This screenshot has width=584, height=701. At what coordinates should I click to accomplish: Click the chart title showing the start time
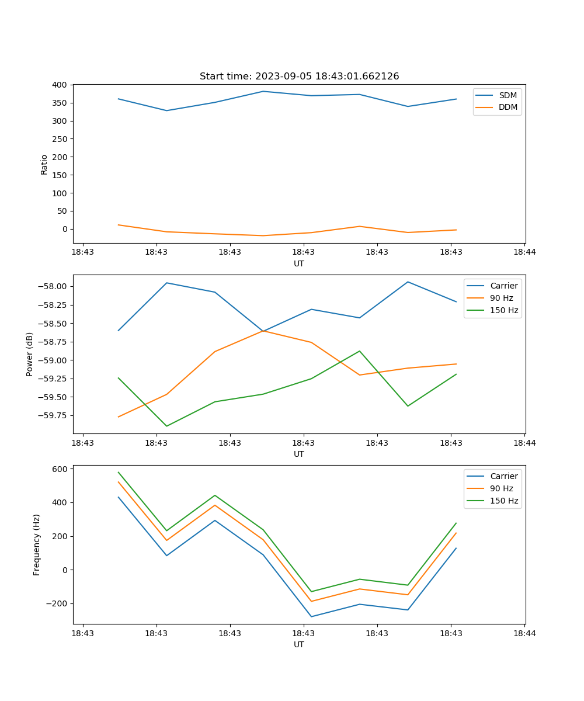[299, 77]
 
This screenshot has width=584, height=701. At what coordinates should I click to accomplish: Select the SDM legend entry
[507, 95]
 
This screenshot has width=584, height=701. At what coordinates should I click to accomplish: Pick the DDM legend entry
[507, 107]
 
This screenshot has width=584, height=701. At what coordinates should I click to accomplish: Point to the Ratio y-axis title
[44, 164]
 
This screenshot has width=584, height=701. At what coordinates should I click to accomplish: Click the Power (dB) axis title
[30, 354]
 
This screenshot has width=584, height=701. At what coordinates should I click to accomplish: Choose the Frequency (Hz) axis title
[37, 544]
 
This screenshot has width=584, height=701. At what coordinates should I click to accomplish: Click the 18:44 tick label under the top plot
[524, 252]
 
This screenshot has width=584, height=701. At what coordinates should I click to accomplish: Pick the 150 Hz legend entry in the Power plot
[504, 310]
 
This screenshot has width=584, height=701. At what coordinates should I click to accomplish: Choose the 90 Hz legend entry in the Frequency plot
[502, 488]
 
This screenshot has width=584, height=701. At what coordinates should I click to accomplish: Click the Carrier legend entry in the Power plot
[503, 286]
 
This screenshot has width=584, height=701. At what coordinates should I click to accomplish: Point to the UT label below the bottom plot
[299, 644]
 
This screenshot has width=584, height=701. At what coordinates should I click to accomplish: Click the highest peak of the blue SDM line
[263, 91]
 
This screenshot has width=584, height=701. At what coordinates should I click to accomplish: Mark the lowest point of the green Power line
[166, 426]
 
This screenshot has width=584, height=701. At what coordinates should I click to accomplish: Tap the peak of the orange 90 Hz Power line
[263, 331]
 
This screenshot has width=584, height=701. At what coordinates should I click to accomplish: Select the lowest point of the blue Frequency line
[311, 616]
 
